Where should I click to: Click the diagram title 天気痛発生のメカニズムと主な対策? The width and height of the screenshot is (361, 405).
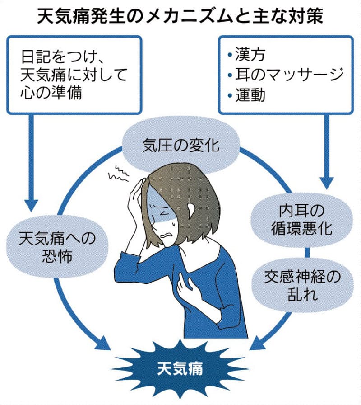pyautogui.click(x=180, y=17)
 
